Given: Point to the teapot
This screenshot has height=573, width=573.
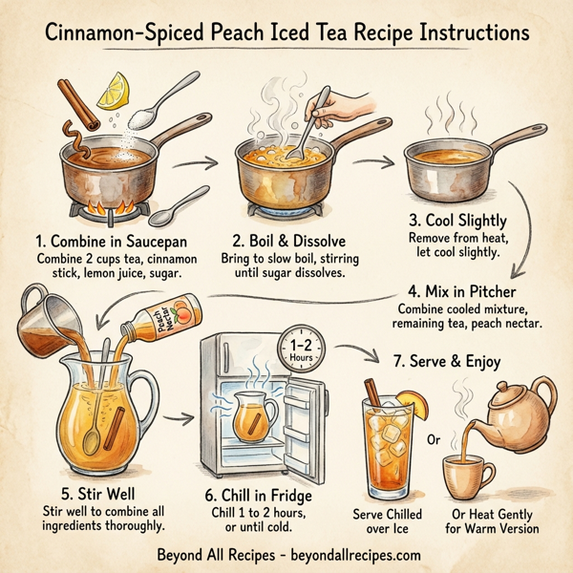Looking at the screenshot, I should coord(520,401).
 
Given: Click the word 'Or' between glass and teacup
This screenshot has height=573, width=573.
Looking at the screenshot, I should coord(434,442).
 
